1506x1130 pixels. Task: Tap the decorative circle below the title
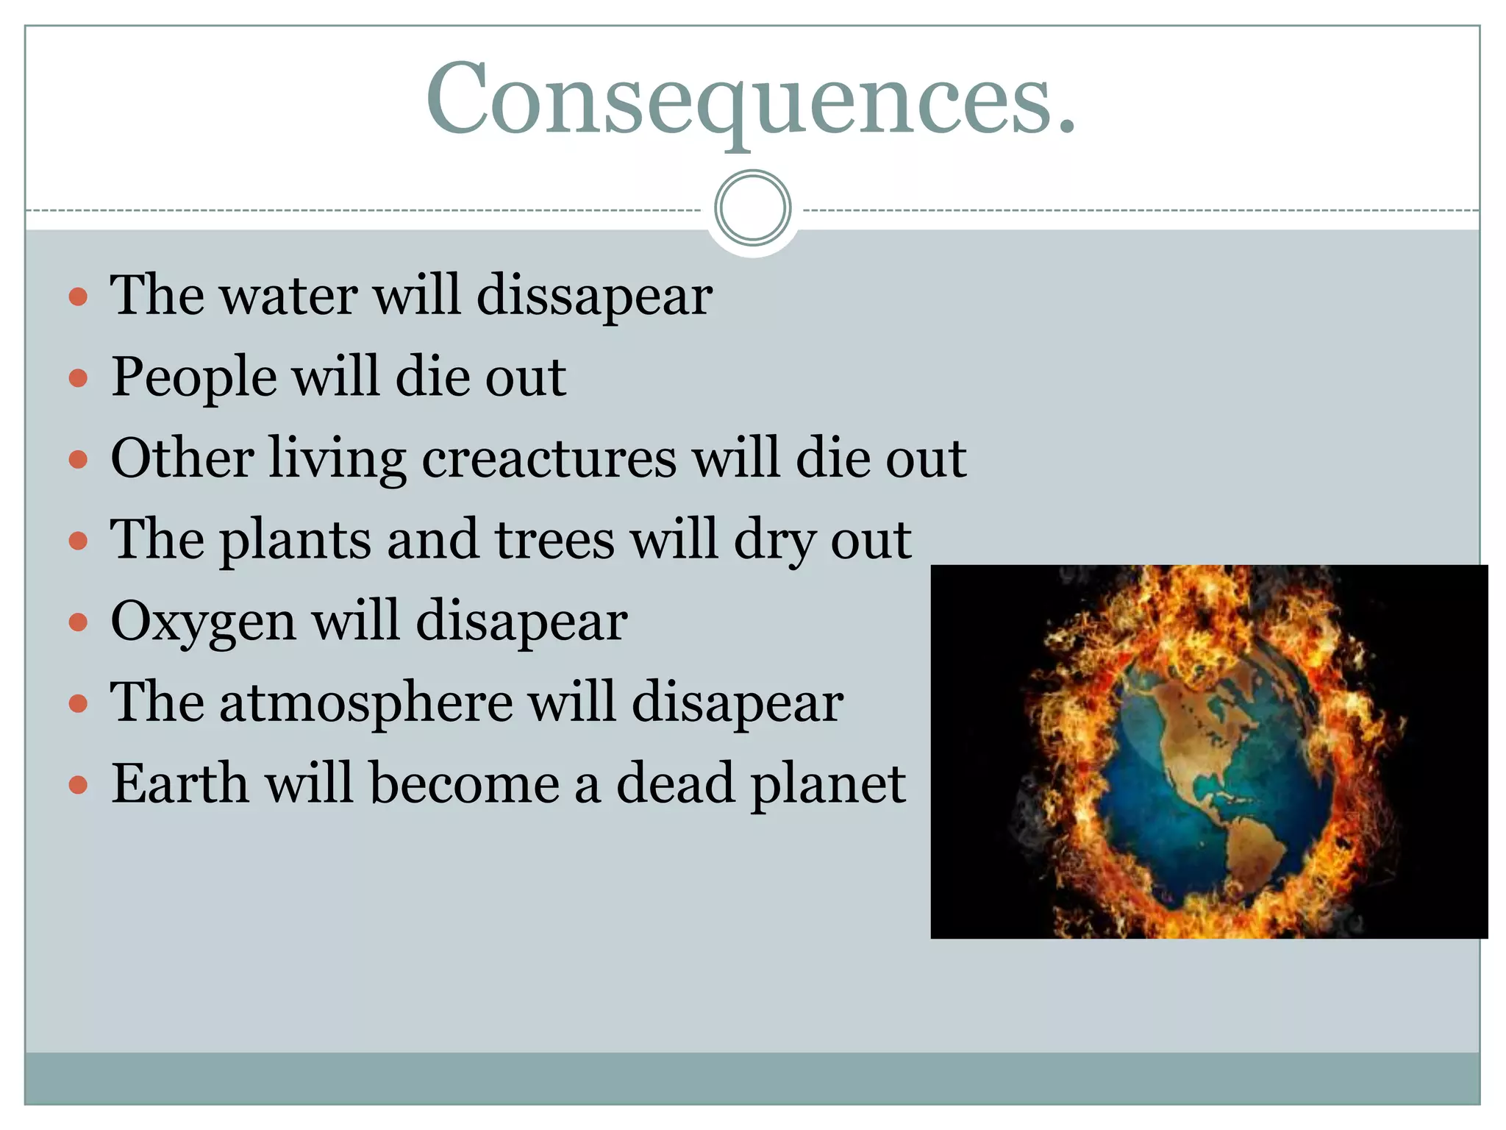[752, 208]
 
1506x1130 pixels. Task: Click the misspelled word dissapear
[594, 296]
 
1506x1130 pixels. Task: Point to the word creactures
[549, 458]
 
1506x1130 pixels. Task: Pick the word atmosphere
[366, 702]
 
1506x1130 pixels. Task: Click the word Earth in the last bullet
[179, 783]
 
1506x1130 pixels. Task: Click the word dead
[675, 783]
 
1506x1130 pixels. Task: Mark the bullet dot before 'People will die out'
[78, 379]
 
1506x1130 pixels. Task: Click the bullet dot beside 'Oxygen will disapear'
[78, 623]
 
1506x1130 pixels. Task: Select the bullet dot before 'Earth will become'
[78, 785]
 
